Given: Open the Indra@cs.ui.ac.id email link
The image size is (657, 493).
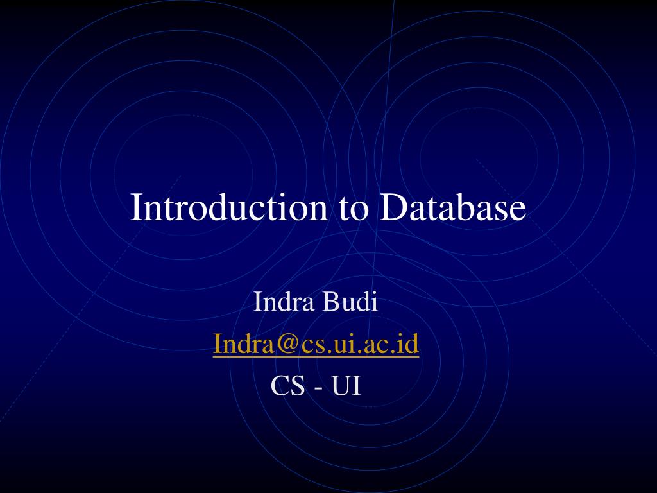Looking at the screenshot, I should (x=316, y=345).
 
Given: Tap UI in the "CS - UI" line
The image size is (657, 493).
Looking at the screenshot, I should (x=346, y=386).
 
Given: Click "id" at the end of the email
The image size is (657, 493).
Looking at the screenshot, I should (x=409, y=345).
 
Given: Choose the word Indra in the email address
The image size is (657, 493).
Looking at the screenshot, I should (x=243, y=345).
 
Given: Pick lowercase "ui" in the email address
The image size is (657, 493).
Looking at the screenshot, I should (x=357, y=345).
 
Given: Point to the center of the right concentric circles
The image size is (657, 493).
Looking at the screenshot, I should (x=478, y=154).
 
